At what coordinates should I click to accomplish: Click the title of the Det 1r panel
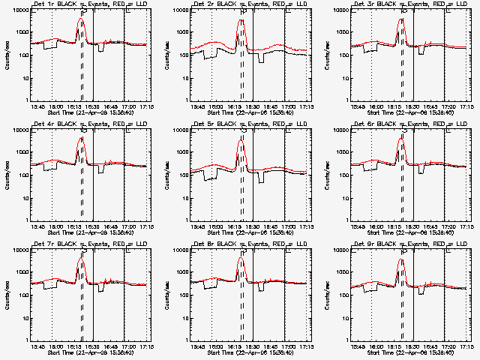tap(82, 5)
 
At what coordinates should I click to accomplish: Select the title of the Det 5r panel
tap(242, 125)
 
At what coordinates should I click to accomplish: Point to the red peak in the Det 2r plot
tap(241, 19)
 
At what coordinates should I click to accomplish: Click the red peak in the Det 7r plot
tap(82, 258)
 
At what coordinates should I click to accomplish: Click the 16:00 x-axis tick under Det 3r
tap(376, 106)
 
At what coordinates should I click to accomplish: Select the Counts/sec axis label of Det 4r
tap(5, 175)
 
